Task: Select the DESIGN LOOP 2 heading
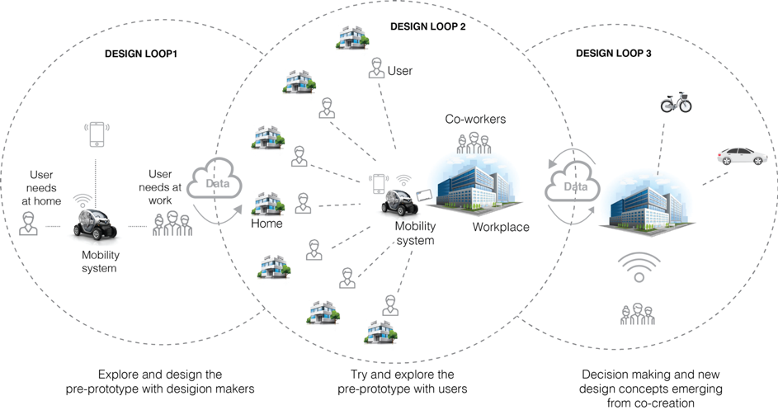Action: coord(428,26)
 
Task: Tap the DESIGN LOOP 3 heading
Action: coord(614,54)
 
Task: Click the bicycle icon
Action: coord(676,103)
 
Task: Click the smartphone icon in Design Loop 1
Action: coord(97,134)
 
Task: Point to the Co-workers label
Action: coord(475,120)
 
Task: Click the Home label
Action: coord(267,223)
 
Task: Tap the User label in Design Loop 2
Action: coord(399,71)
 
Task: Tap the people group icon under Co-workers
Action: coord(473,143)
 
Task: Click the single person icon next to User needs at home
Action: coord(28,223)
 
